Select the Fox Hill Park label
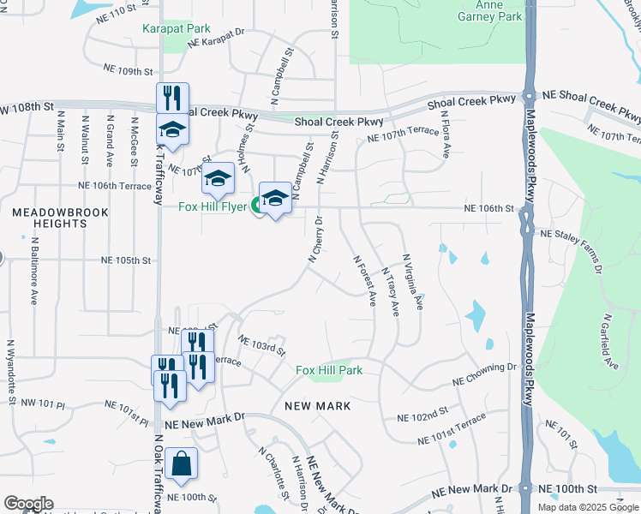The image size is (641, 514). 329,370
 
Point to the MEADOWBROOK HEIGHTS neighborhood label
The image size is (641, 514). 50,217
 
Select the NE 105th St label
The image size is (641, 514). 126,260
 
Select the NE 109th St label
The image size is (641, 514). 128,71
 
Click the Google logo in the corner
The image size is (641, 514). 28,504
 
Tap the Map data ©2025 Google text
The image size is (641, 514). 588,507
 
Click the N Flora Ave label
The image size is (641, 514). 446,139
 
